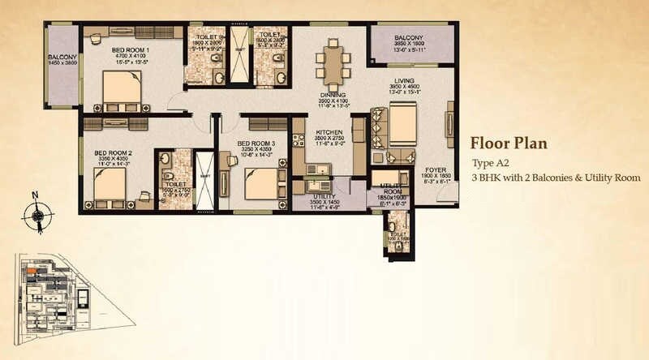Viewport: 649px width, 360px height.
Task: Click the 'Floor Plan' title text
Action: [x=509, y=144]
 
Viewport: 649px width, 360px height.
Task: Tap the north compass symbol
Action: [x=38, y=214]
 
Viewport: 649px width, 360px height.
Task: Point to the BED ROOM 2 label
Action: [x=113, y=152]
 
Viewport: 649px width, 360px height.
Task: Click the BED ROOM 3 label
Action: [x=255, y=144]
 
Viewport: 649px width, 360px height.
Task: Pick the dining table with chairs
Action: [x=333, y=63]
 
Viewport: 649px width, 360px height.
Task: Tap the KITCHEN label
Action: [x=329, y=132]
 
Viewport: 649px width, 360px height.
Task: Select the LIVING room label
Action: [x=403, y=80]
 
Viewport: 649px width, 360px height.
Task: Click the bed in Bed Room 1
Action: [x=122, y=90]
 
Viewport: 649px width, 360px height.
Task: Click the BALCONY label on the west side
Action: [x=62, y=57]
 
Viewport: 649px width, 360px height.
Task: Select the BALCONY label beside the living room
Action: [x=409, y=38]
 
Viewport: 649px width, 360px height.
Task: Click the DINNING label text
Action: [x=333, y=94]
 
